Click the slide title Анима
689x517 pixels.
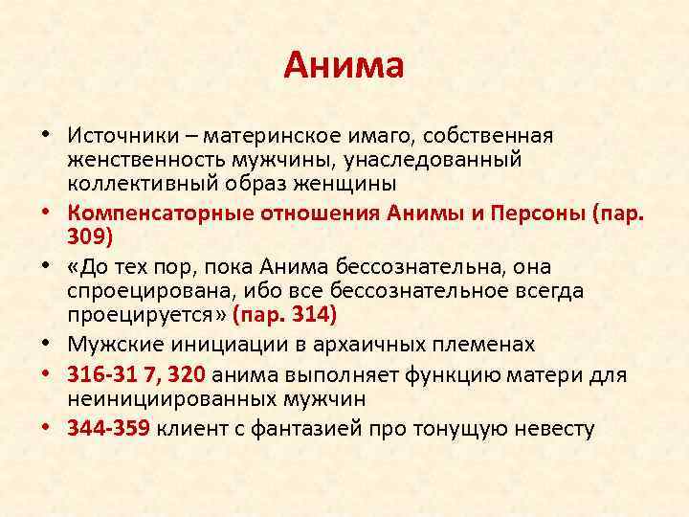[x=344, y=66]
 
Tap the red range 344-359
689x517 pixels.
[x=109, y=429]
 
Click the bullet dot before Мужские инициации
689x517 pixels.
[x=45, y=343]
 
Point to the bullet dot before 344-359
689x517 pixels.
[x=45, y=429]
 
